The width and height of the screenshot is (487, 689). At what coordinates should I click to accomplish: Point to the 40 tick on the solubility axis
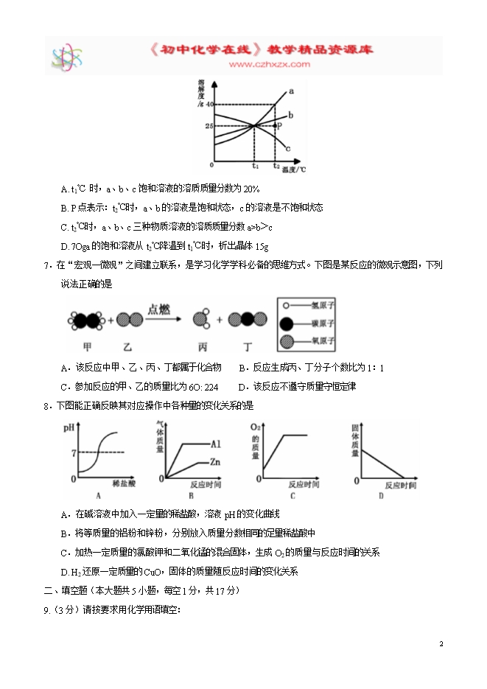(209, 105)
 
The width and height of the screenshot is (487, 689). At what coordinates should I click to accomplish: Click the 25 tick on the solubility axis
(209, 126)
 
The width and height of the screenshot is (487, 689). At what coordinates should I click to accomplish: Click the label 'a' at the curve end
(291, 91)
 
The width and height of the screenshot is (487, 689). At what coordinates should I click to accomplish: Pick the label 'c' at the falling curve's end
(287, 148)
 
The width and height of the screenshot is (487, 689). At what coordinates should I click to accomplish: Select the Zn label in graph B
(216, 463)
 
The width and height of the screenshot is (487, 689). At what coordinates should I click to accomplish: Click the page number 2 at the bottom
(441, 645)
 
